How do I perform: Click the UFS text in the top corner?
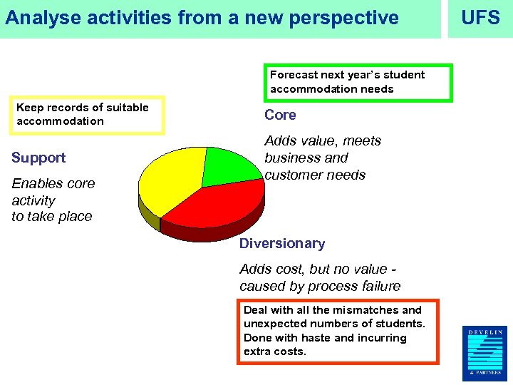[x=481, y=18]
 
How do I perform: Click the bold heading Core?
[x=280, y=115]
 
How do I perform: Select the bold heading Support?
[x=38, y=158]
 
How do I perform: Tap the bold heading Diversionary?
[x=282, y=243]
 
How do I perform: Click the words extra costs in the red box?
[x=275, y=351]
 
